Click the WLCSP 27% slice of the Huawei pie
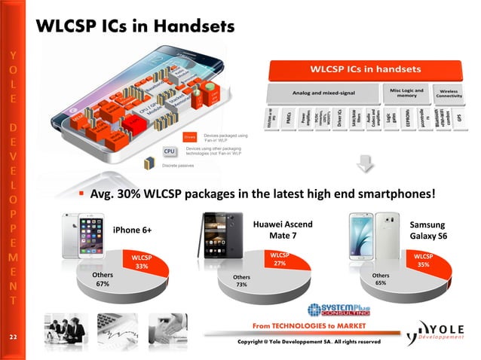(x=280, y=261)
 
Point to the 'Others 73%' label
(x=242, y=282)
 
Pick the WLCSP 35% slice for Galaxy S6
(x=423, y=261)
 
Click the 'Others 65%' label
(x=381, y=279)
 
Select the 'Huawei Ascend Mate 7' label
(x=283, y=230)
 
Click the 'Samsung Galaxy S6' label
(x=427, y=231)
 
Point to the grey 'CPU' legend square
(x=170, y=151)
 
